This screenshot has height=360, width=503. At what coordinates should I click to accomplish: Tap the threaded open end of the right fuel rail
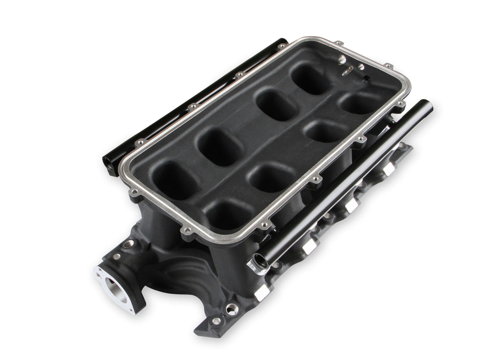pos(255,265)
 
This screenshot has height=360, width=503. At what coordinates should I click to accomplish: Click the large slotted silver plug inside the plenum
pos(342,60)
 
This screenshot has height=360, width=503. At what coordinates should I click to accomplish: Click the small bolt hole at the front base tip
pos(216,321)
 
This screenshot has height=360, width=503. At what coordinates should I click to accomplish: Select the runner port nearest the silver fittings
pos(312,78)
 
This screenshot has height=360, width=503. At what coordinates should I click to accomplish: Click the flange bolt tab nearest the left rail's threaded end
pos(135,192)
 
